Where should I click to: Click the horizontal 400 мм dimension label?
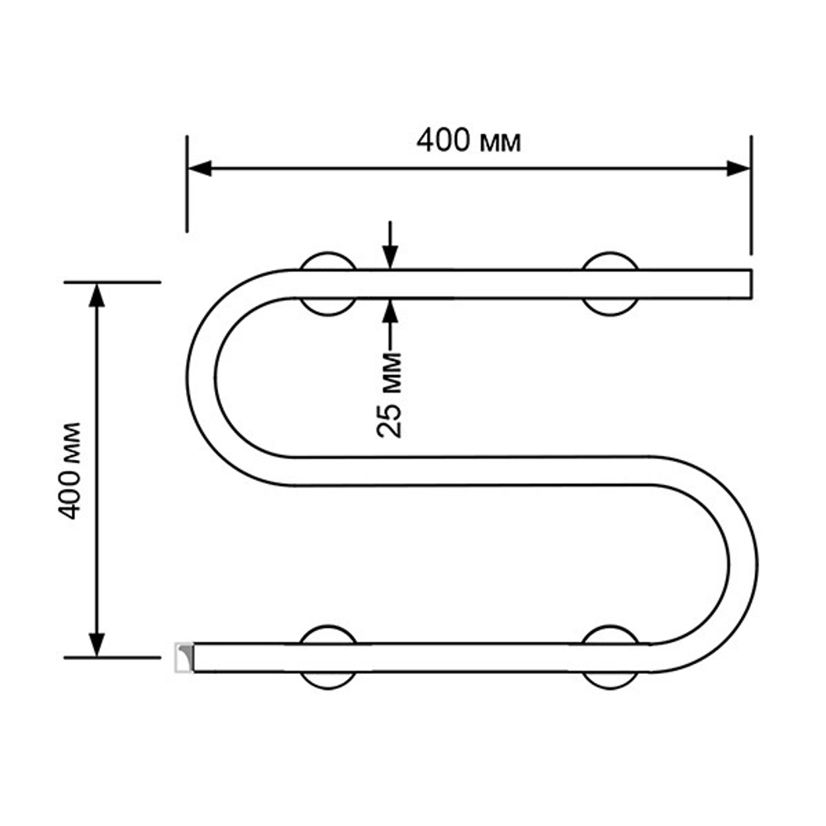coord(468,142)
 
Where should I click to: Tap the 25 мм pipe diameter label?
coord(388,395)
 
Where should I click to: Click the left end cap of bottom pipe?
coord(183,657)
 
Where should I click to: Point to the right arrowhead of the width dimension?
coord(738,169)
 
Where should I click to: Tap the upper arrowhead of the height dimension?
coord(97,294)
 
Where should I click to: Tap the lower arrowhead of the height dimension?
coord(97,644)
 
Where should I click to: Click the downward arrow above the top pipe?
coord(389,248)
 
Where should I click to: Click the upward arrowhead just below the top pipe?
coord(389,309)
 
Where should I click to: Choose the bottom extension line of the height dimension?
coord(112,657)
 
